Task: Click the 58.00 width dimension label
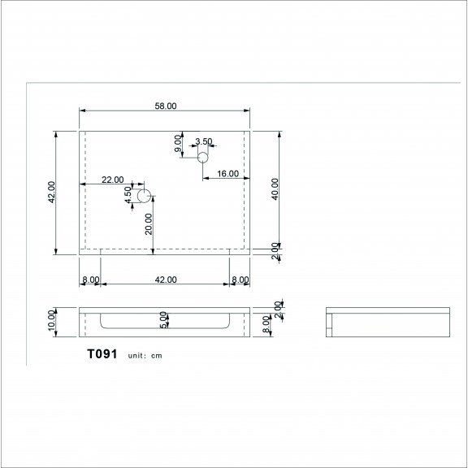166,106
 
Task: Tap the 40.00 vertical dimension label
275,189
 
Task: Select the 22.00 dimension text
112,180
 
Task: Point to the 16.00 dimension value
227,174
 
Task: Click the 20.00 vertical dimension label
149,224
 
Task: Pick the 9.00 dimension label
178,143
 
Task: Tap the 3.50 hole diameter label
204,141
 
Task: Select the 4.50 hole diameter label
128,195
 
